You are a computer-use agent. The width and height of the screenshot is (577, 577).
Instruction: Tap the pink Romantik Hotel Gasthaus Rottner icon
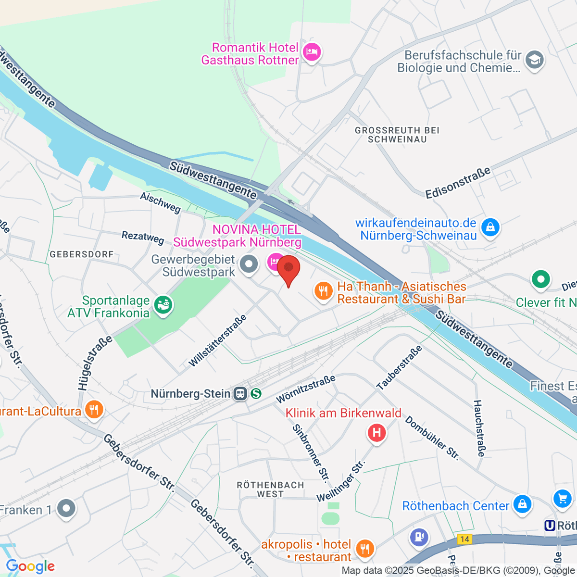point(312,52)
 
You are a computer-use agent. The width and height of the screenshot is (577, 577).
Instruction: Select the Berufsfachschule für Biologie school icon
point(534,61)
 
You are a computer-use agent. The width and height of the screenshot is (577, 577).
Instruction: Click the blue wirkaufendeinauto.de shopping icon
point(490,227)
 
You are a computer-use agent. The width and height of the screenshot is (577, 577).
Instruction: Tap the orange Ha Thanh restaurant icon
point(324,291)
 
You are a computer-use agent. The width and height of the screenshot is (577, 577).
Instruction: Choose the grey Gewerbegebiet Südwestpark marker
point(249,264)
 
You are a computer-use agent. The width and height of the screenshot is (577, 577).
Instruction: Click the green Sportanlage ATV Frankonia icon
point(163,305)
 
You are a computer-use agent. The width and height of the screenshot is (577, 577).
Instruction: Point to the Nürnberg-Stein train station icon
point(239,394)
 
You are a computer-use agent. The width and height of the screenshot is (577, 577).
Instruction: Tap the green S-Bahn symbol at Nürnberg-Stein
point(256,394)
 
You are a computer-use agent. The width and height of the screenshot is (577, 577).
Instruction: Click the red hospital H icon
point(376,433)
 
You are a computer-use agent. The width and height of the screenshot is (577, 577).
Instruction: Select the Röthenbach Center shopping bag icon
point(522,504)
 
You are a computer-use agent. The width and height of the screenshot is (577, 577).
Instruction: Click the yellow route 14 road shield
point(464,539)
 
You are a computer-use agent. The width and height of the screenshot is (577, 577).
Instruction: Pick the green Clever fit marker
point(540,279)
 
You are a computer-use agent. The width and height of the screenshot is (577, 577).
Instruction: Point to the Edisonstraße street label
point(458,183)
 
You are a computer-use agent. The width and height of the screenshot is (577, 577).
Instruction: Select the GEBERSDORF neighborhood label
point(82,254)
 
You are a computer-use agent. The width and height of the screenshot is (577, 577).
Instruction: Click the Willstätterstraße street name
point(217,341)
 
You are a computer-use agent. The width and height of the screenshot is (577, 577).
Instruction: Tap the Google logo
point(30,566)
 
